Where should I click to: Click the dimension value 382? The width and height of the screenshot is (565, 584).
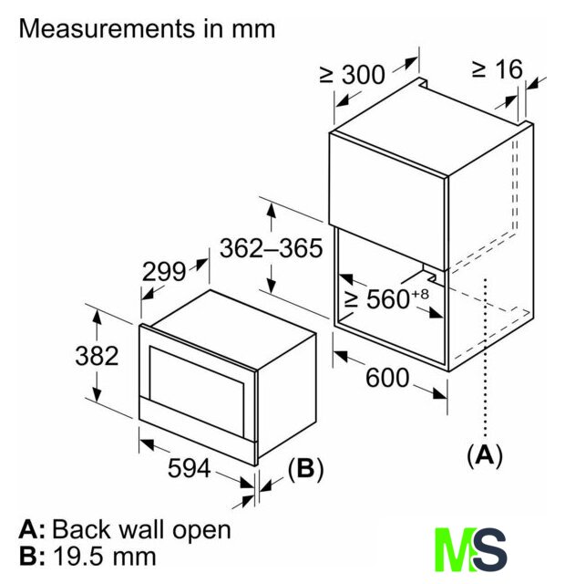pyautogui.click(x=97, y=356)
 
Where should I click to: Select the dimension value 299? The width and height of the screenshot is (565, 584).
pyautogui.click(x=164, y=271)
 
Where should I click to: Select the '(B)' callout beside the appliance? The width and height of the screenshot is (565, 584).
pyautogui.click(x=305, y=469)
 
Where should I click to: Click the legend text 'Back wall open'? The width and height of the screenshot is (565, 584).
pyautogui.click(x=141, y=529)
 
